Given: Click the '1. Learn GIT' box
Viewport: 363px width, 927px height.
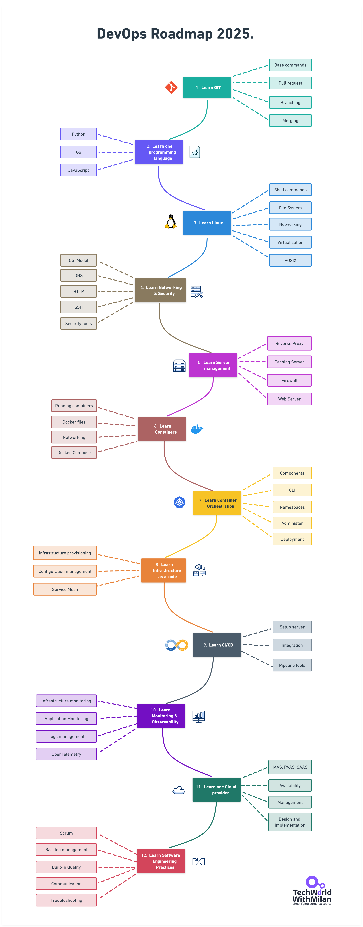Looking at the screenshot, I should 207,87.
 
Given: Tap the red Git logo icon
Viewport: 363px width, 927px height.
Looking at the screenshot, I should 171,87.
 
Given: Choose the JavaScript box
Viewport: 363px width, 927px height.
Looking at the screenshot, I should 79,170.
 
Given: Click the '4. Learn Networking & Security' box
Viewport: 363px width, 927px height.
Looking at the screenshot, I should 160,290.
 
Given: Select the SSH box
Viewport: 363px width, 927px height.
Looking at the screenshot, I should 79,307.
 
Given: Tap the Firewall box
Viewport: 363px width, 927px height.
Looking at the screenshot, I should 289,380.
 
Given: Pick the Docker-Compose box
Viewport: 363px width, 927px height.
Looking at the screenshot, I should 74,453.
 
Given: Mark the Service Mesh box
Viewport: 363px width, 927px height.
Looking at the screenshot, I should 65,589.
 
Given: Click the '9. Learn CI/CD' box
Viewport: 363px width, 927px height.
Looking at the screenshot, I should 217,645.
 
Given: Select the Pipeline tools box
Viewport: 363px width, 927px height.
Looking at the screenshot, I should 292,665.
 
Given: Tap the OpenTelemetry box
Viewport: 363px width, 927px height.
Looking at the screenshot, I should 66,754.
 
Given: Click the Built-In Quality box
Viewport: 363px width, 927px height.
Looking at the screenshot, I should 66,867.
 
